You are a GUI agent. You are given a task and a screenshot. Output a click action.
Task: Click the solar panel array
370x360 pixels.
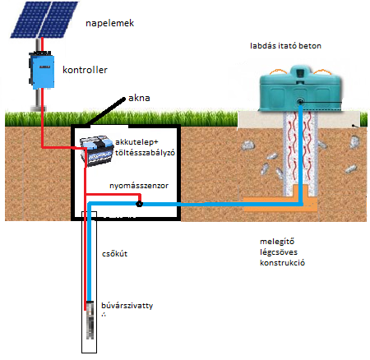point(44,19)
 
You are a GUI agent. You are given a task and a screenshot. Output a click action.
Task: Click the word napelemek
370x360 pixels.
point(109,23)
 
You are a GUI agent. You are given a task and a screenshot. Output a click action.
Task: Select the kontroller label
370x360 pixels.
point(85,70)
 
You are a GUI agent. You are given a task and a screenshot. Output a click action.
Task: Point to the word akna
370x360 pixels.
point(139,98)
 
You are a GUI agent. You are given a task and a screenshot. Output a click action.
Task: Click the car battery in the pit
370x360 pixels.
point(96,150)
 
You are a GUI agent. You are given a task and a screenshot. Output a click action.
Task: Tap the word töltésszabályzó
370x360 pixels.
point(145,153)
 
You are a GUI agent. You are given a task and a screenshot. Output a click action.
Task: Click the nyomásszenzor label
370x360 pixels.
point(139,186)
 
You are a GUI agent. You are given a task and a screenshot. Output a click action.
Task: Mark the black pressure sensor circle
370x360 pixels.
point(139,204)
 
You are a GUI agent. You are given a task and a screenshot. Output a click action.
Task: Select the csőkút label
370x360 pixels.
point(114,254)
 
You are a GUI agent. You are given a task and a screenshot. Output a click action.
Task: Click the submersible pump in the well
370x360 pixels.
point(90,320)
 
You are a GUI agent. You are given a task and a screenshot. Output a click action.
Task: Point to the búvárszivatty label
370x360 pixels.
point(127,306)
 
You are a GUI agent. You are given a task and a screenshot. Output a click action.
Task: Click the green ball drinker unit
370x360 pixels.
point(300,89)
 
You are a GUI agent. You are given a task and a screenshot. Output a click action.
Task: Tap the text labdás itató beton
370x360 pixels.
point(285,46)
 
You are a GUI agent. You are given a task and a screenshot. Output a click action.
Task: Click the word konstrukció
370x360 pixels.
point(282,263)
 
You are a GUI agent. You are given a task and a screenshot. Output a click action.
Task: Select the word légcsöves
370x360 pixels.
point(279,252)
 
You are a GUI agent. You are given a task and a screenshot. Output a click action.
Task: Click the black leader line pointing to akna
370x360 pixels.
point(105,112)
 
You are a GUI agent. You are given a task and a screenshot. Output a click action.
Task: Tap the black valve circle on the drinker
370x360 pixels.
point(300,102)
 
